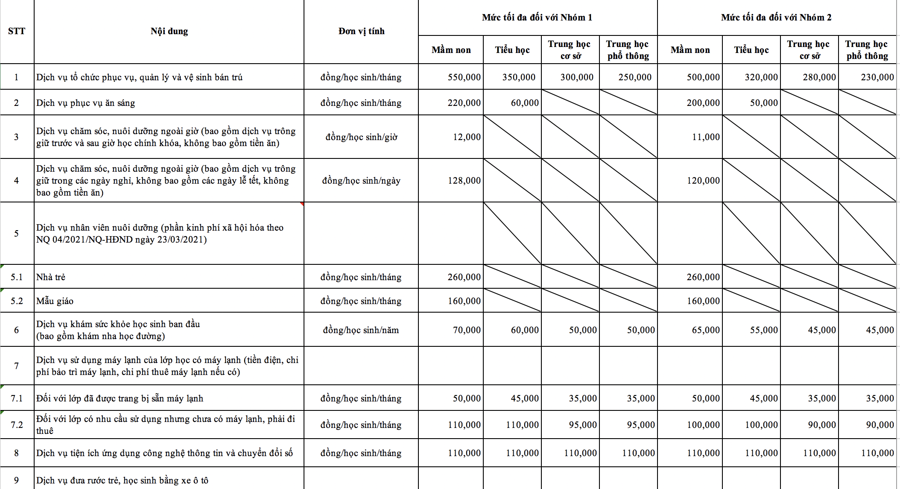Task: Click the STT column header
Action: (x=17, y=31)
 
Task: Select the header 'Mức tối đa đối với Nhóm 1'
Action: (x=537, y=18)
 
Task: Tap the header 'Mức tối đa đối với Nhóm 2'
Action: (x=776, y=18)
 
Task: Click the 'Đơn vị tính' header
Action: (x=361, y=31)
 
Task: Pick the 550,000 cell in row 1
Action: (x=464, y=77)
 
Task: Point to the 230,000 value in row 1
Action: (x=877, y=77)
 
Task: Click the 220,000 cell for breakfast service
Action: (x=464, y=103)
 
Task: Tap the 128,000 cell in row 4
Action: (x=464, y=181)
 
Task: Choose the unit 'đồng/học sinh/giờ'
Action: (x=361, y=137)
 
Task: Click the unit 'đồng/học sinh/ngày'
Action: (x=361, y=181)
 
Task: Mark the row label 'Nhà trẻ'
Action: (x=51, y=277)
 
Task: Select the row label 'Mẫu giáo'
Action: (x=55, y=301)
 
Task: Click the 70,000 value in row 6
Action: (x=466, y=330)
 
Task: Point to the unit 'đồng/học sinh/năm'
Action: (x=361, y=330)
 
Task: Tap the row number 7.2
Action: (x=17, y=425)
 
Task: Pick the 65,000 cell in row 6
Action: (x=705, y=330)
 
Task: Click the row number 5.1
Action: (x=17, y=277)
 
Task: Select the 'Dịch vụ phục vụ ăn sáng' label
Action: (x=85, y=103)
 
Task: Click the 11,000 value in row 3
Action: (x=705, y=137)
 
